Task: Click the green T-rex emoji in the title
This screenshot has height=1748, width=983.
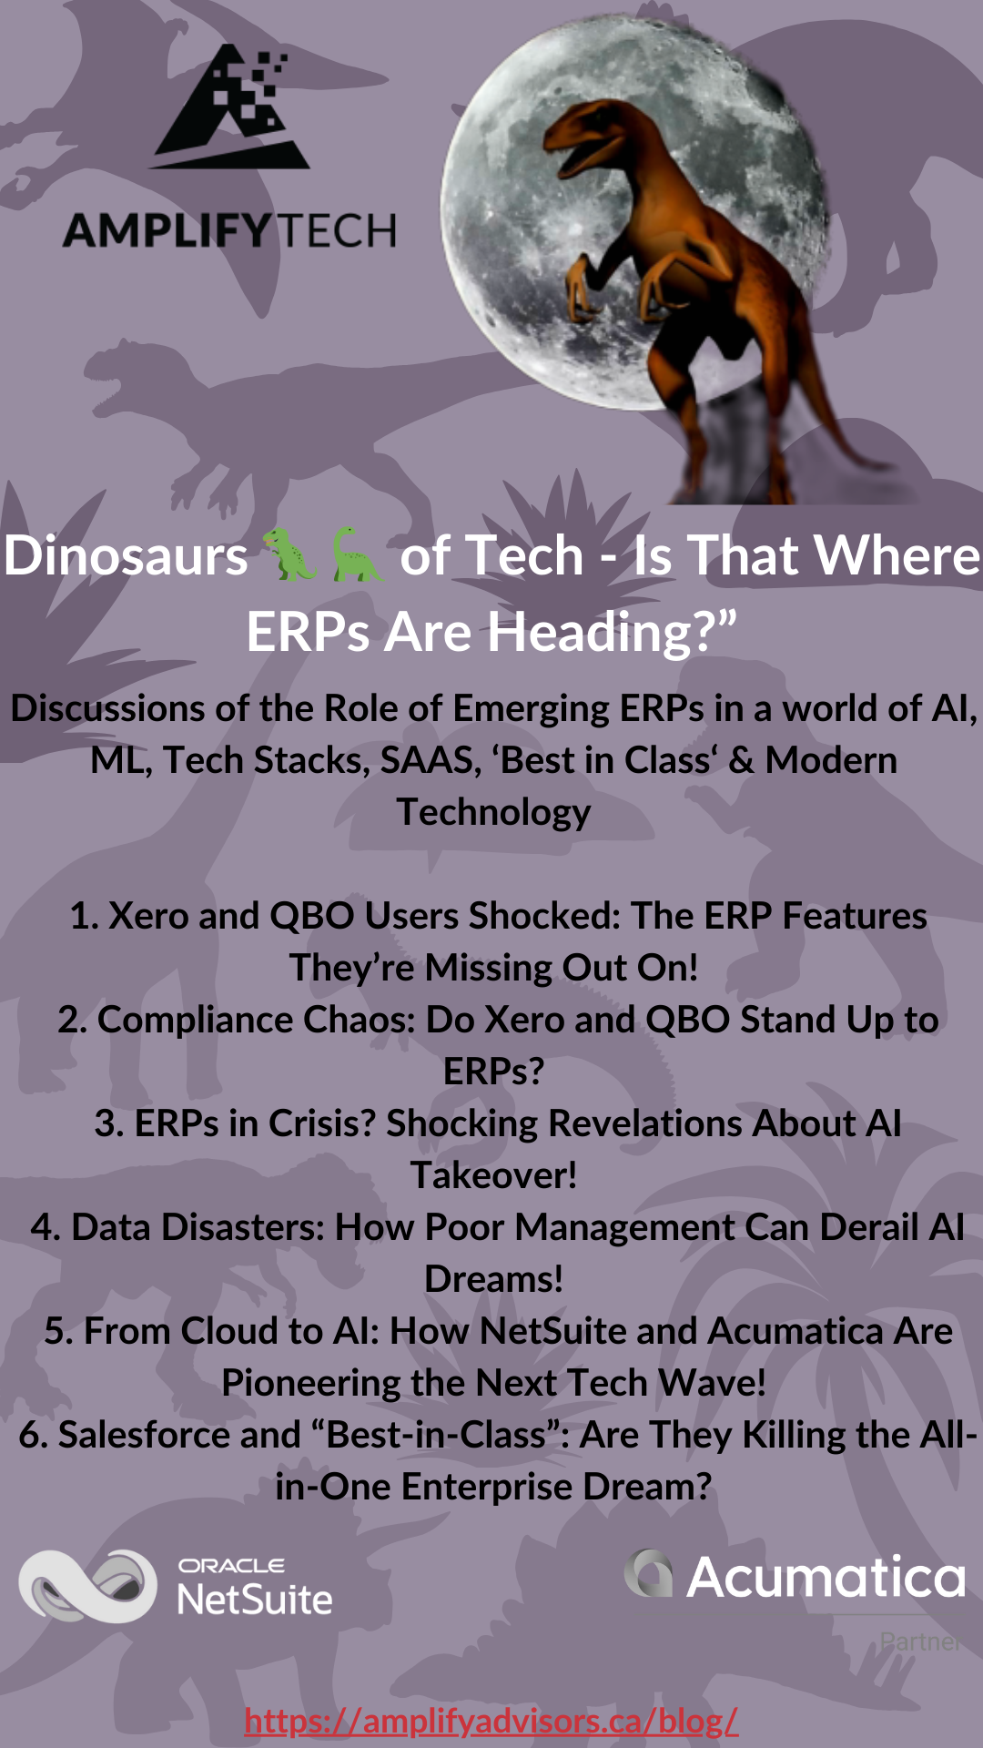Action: pyautogui.click(x=289, y=554)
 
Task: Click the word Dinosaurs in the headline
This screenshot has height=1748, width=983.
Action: pyautogui.click(x=127, y=555)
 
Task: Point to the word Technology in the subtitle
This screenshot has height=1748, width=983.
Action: pyautogui.click(x=493, y=812)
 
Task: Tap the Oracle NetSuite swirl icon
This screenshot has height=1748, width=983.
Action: pyautogui.click(x=88, y=1586)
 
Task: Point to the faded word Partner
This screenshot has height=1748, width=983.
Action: pyautogui.click(x=919, y=1641)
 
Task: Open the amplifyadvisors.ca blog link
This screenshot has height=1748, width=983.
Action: pyautogui.click(x=491, y=1720)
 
